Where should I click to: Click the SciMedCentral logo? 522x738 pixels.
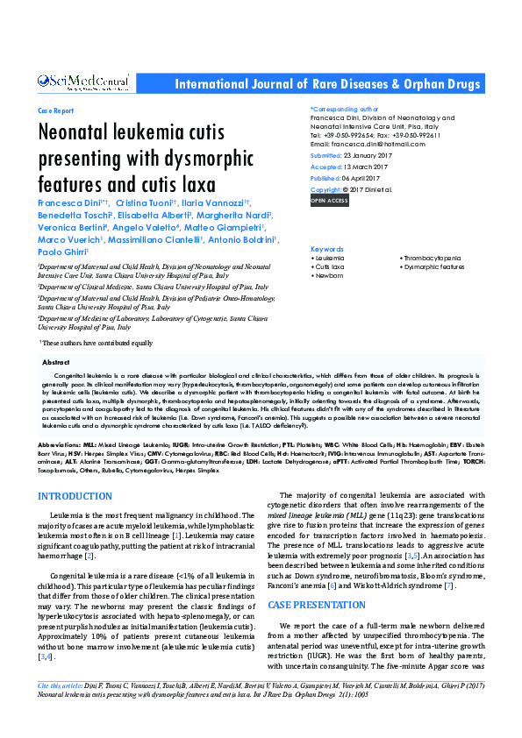[84, 82]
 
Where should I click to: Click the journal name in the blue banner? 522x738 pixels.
[328, 84]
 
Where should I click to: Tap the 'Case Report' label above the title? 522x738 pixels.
[56, 112]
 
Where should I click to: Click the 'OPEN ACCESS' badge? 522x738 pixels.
[330, 201]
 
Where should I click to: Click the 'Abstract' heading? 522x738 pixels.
[56, 361]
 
